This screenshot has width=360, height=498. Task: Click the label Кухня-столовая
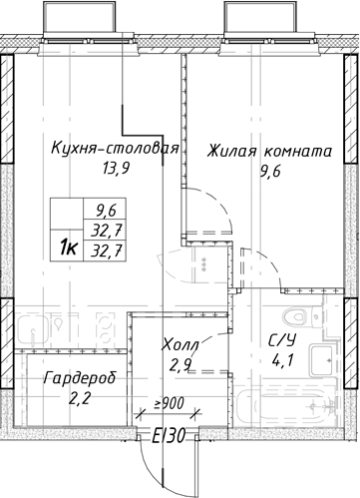tap(115, 150)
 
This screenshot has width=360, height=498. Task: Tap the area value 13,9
tap(116, 170)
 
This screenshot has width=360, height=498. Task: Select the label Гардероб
tap(73, 380)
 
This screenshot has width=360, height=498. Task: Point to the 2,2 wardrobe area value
tap(73, 399)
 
